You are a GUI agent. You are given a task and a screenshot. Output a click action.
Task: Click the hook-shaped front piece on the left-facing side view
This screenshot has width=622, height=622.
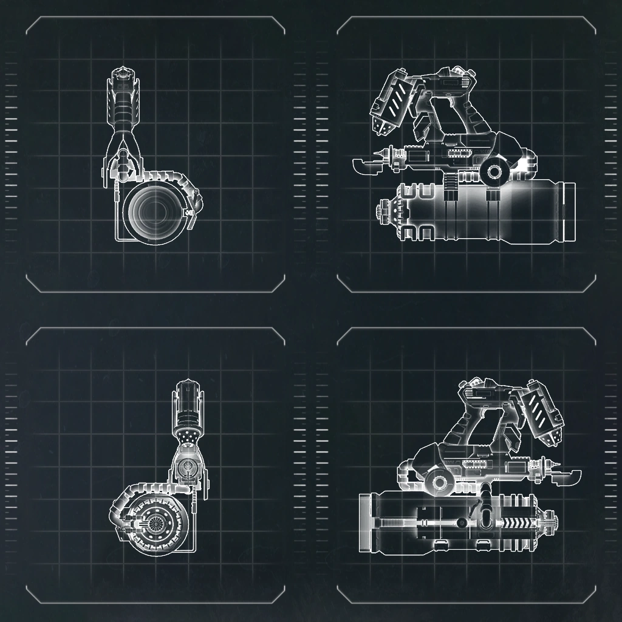(x=366, y=164)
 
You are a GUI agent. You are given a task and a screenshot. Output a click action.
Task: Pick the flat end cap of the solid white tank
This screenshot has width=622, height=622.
(x=570, y=213)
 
